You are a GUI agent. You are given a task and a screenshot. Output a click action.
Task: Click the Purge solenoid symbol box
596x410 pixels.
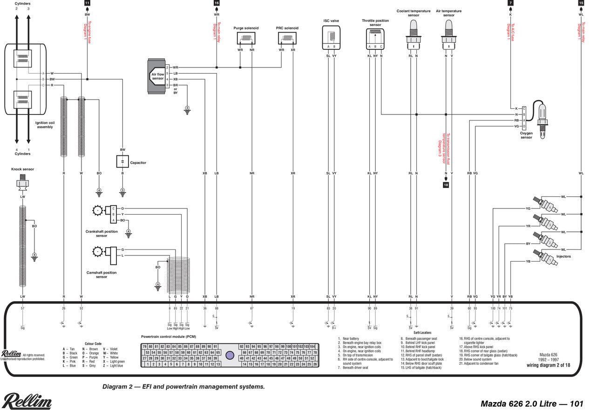coord(246,38)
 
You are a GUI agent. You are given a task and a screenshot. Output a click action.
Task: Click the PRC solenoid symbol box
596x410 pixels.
coord(287,38)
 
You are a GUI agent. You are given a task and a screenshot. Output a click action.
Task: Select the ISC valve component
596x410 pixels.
coord(331,37)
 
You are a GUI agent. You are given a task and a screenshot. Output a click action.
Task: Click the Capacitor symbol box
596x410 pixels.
coord(122,161)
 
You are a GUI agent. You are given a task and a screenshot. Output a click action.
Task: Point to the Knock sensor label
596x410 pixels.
coord(22,169)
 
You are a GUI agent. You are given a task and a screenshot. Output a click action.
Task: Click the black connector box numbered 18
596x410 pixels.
coord(446,185)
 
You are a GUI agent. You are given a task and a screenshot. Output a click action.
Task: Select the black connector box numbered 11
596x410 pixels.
coord(87,3)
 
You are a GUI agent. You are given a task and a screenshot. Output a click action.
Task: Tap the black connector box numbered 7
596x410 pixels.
coord(511,3)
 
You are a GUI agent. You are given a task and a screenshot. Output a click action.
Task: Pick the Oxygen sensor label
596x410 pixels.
coord(526,135)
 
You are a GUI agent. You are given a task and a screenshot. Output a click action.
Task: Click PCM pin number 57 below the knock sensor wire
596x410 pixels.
coord(22,309)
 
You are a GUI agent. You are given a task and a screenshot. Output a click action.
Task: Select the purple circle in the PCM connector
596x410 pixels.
coord(229,355)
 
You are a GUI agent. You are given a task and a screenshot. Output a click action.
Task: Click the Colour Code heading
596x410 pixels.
coord(93,344)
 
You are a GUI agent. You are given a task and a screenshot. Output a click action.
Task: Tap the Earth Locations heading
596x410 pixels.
coord(419,333)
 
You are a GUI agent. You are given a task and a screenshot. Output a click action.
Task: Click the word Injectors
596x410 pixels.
coord(563,256)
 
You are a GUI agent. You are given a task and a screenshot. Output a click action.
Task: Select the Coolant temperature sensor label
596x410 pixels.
coord(413,13)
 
